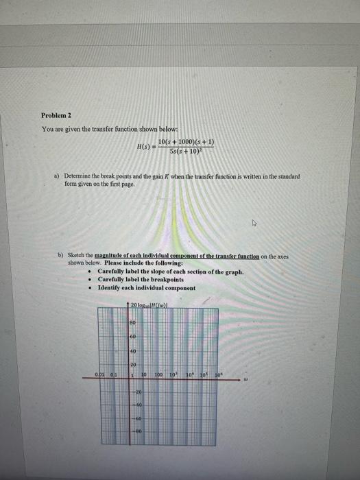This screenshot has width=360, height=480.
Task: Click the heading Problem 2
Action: (x=56, y=115)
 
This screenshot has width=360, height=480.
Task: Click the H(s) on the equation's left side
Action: (x=145, y=147)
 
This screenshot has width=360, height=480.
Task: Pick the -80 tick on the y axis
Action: (x=136, y=431)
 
